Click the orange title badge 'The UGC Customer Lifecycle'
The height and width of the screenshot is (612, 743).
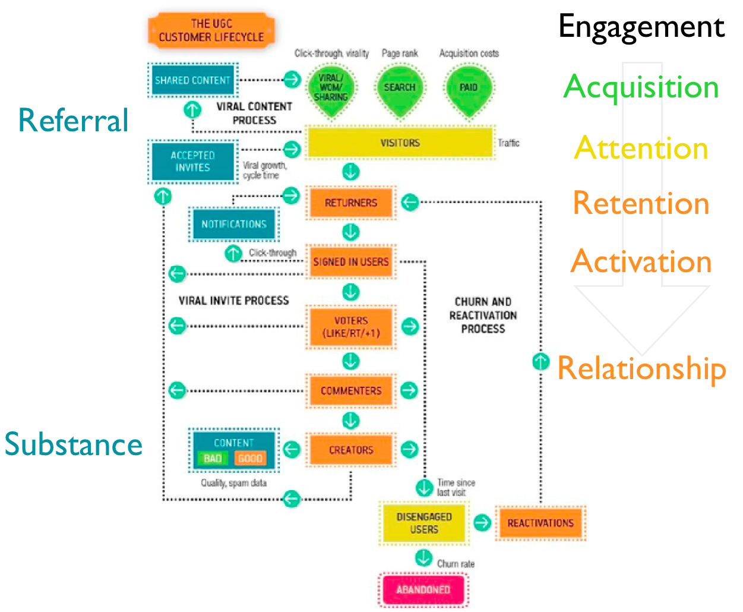tap(211, 30)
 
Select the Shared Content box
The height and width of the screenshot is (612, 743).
tap(192, 80)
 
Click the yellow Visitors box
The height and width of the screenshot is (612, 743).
tap(400, 143)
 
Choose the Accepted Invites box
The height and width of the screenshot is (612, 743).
tap(192, 162)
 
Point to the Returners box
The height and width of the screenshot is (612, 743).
tap(351, 203)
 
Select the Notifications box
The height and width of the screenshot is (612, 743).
tap(234, 224)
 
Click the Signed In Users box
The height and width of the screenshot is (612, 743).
tap(351, 261)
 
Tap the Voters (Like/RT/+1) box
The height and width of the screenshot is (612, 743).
tap(351, 327)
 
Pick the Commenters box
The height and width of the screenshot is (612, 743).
tap(351, 390)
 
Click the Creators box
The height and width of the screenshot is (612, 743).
tap(351, 450)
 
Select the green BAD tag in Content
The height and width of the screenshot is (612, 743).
tap(213, 458)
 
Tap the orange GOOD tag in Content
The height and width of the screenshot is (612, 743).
tap(250, 458)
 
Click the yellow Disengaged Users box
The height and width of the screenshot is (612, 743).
tap(424, 523)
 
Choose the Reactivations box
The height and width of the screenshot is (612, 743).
tap(540, 523)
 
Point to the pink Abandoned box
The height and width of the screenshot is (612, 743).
tap(423, 589)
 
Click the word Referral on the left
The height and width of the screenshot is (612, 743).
tap(73, 121)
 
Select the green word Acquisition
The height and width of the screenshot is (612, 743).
tap(641, 87)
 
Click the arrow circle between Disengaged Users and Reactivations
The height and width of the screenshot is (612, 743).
tap(482, 522)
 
